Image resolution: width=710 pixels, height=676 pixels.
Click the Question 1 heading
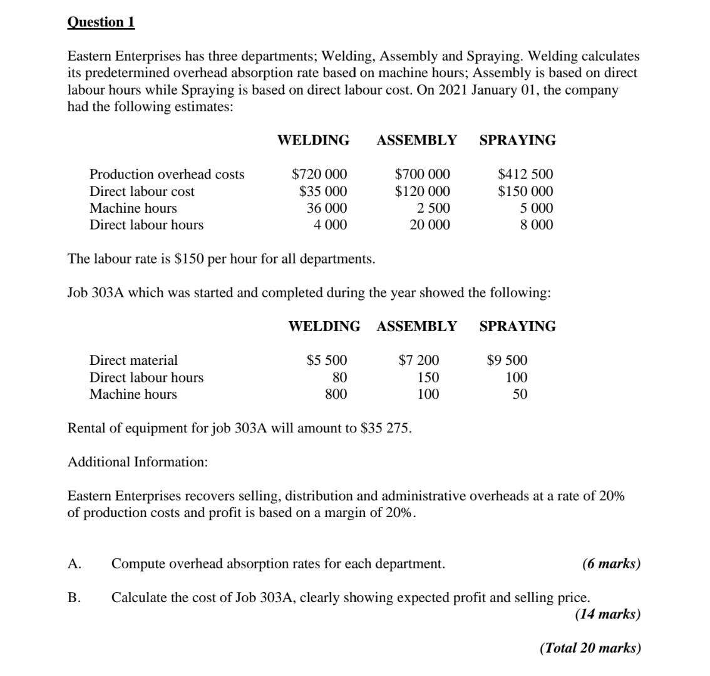pos(100,22)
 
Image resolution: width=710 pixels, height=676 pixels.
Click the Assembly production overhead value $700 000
pos(422,175)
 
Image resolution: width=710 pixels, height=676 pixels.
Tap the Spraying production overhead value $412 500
pos(525,175)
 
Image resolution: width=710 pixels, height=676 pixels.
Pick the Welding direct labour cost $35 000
pos(323,192)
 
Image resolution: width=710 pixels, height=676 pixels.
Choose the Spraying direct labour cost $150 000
pos(525,192)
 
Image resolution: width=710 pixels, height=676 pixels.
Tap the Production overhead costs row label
pos(167,175)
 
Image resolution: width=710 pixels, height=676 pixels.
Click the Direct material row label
pos(134,361)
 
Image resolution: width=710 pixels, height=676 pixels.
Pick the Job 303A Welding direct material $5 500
pos(326,361)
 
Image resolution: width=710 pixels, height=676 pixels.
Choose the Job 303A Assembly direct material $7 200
pos(419,361)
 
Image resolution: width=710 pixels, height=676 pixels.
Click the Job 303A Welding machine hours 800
pos(336,394)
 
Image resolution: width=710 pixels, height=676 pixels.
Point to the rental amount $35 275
pos(386,429)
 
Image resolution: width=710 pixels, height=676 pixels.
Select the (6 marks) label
pos(611,564)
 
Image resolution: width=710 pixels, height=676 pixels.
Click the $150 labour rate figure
pos(186,259)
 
